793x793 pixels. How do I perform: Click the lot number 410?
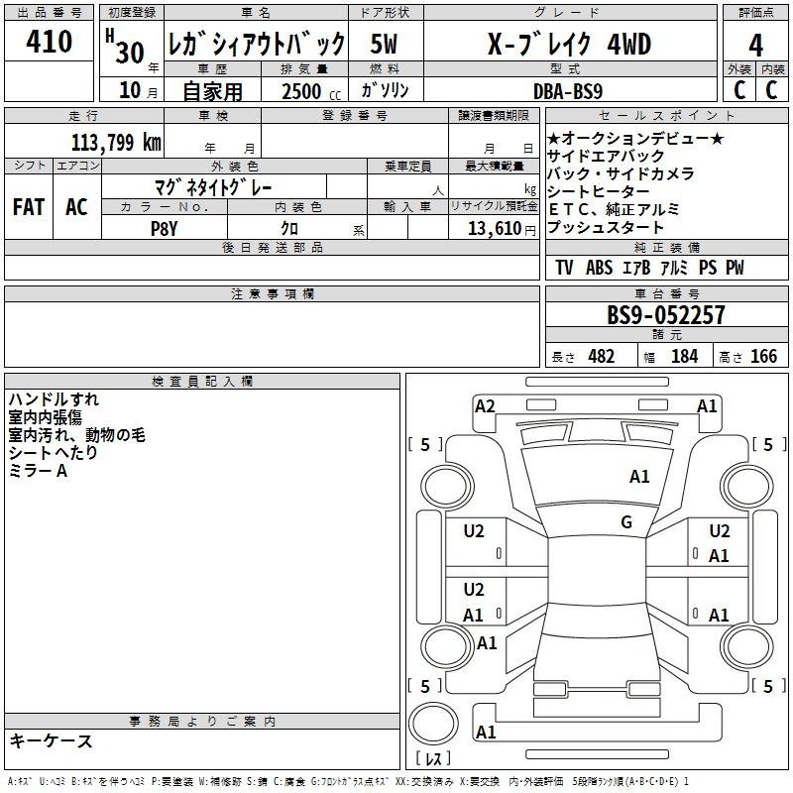point(50,42)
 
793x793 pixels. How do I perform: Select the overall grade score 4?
point(756,45)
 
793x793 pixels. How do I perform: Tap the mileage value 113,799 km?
point(116,142)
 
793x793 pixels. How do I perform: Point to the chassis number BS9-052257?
point(666,315)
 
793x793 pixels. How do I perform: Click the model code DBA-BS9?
point(568,90)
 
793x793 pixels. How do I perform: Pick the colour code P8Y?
point(164,227)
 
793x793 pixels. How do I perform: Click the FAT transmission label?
point(29,207)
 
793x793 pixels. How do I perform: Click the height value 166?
point(763,357)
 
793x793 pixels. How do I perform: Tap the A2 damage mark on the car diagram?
point(485,405)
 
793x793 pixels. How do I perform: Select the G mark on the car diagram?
point(625,522)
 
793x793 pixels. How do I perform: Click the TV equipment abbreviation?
point(564,268)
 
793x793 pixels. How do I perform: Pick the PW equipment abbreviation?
point(734,268)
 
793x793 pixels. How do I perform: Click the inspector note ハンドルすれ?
point(54,399)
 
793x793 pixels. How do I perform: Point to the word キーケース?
point(51,740)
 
